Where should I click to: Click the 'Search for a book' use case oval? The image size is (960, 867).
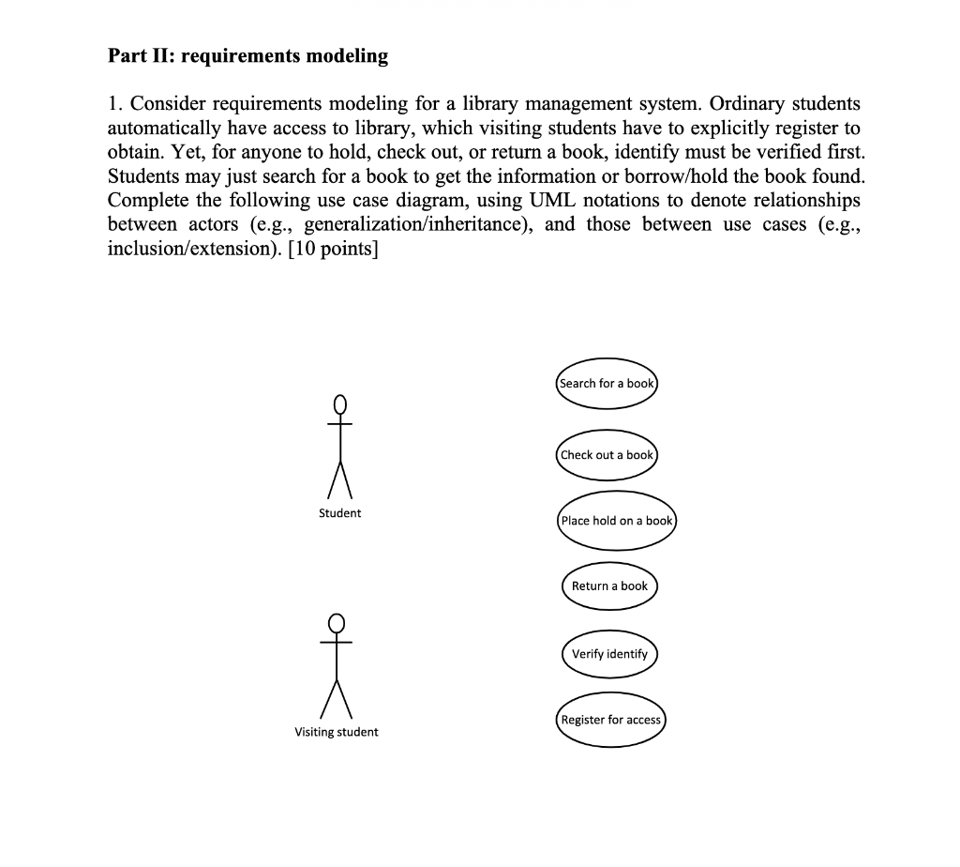[607, 384]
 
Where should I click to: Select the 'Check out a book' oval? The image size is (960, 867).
[607, 455]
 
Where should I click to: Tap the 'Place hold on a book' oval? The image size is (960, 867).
[616, 521]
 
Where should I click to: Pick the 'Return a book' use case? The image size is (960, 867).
[609, 586]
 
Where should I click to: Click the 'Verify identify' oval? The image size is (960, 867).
[609, 654]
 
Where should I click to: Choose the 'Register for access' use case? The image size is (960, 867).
[610, 721]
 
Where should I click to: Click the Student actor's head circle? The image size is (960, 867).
[340, 404]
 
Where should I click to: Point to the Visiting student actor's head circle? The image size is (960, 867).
[337, 623]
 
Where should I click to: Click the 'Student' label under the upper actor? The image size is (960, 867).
[339, 513]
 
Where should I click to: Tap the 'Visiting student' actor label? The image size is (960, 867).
[337, 732]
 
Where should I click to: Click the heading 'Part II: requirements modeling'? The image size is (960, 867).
[247, 56]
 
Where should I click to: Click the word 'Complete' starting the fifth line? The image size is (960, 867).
[149, 200]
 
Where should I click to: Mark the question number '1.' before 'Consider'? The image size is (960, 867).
[115, 103]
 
